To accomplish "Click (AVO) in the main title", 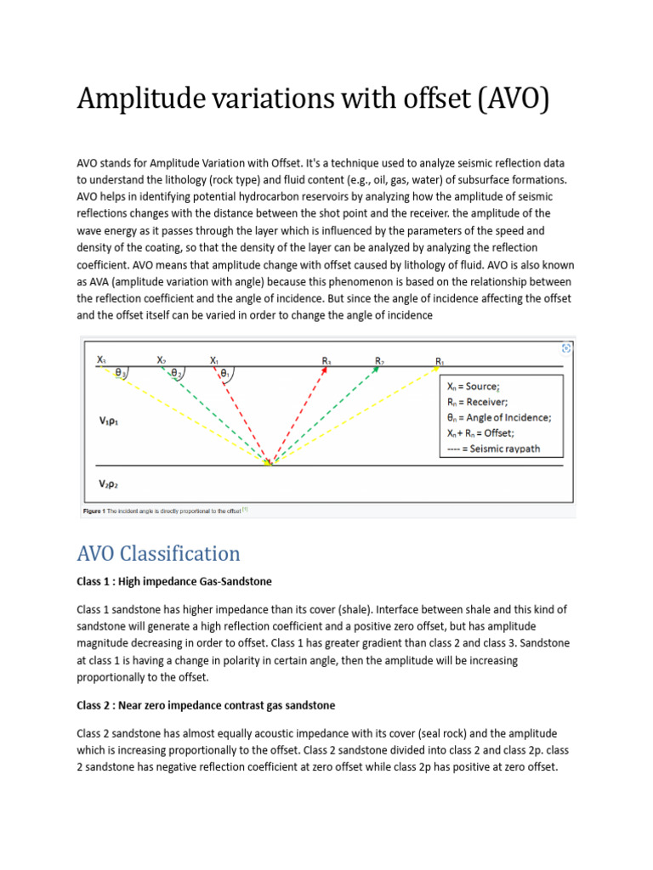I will pos(508,99).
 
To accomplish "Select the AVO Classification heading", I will pos(159,554).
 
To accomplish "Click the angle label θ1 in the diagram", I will pos(224,373).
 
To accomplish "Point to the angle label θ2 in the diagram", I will pos(176,373).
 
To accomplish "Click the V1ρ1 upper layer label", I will pos(109,420).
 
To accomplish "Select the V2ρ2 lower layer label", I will pos(109,483).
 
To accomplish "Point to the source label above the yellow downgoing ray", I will pos(102,359).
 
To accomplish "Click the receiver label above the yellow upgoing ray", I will pos(440,361).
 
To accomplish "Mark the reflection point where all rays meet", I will pos(270,464).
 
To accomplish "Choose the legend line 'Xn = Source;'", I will pos(474,386).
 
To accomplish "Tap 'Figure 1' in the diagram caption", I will pos(92,511).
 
